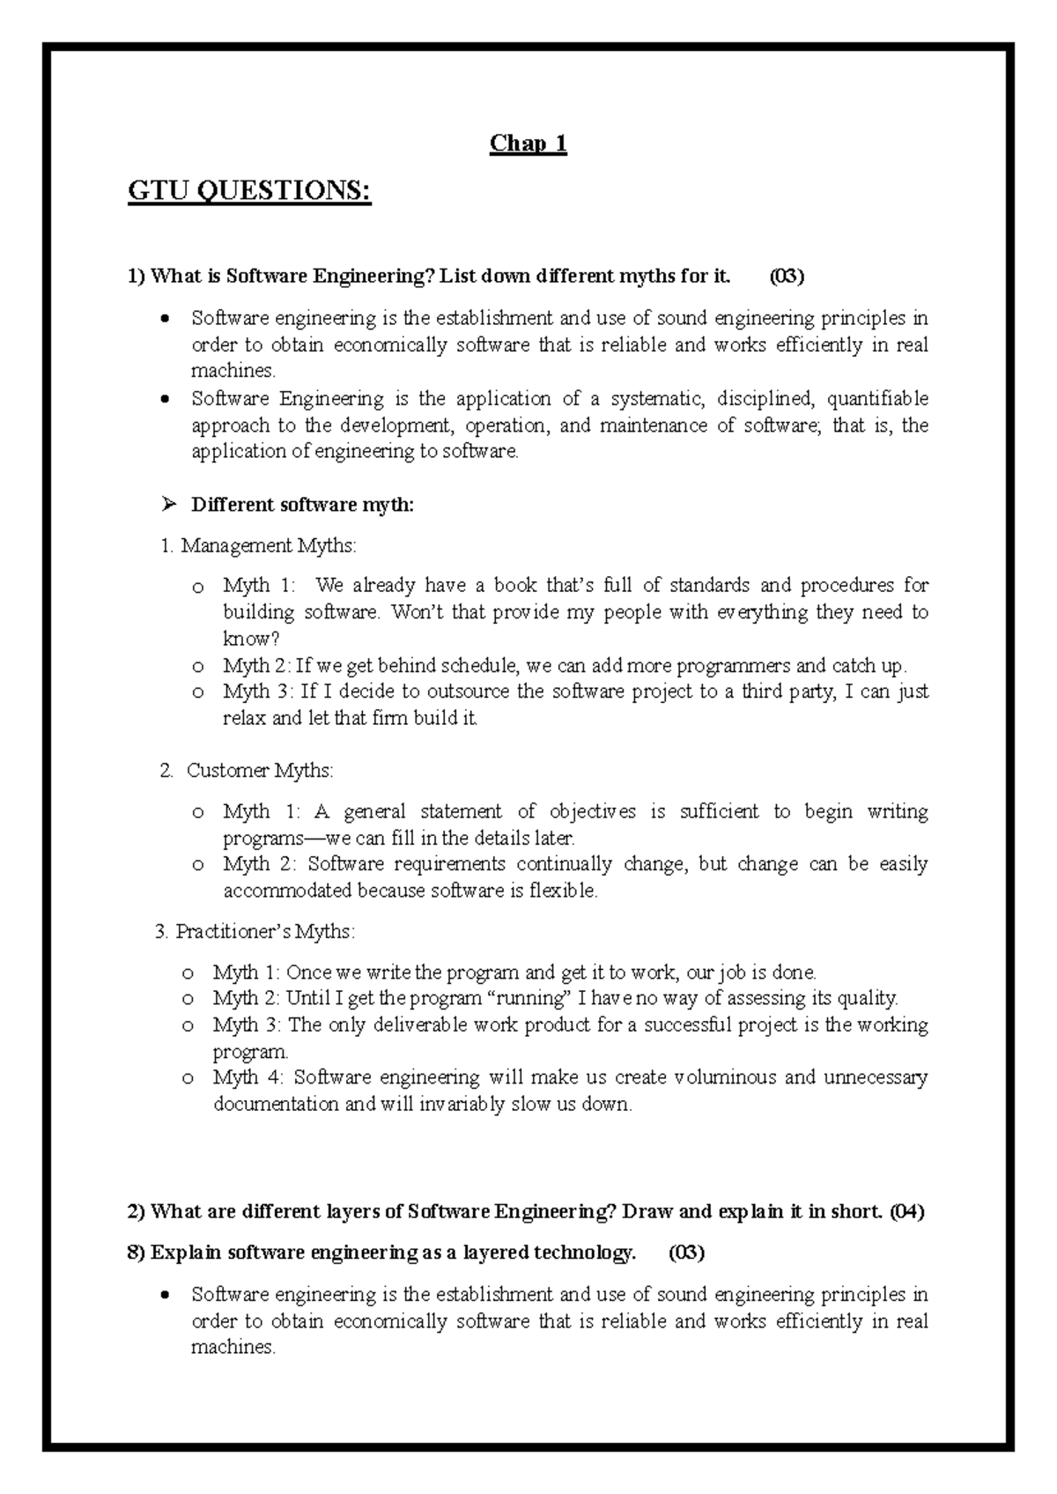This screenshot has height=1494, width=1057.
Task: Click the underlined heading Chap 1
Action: pyautogui.click(x=528, y=144)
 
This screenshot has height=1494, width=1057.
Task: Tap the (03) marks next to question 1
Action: pyautogui.click(x=787, y=277)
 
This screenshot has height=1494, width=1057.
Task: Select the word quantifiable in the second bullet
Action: pyautogui.click(x=877, y=399)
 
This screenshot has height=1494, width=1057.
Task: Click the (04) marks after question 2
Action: pyautogui.click(x=906, y=1212)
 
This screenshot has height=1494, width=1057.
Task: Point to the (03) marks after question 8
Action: pyautogui.click(x=686, y=1253)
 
